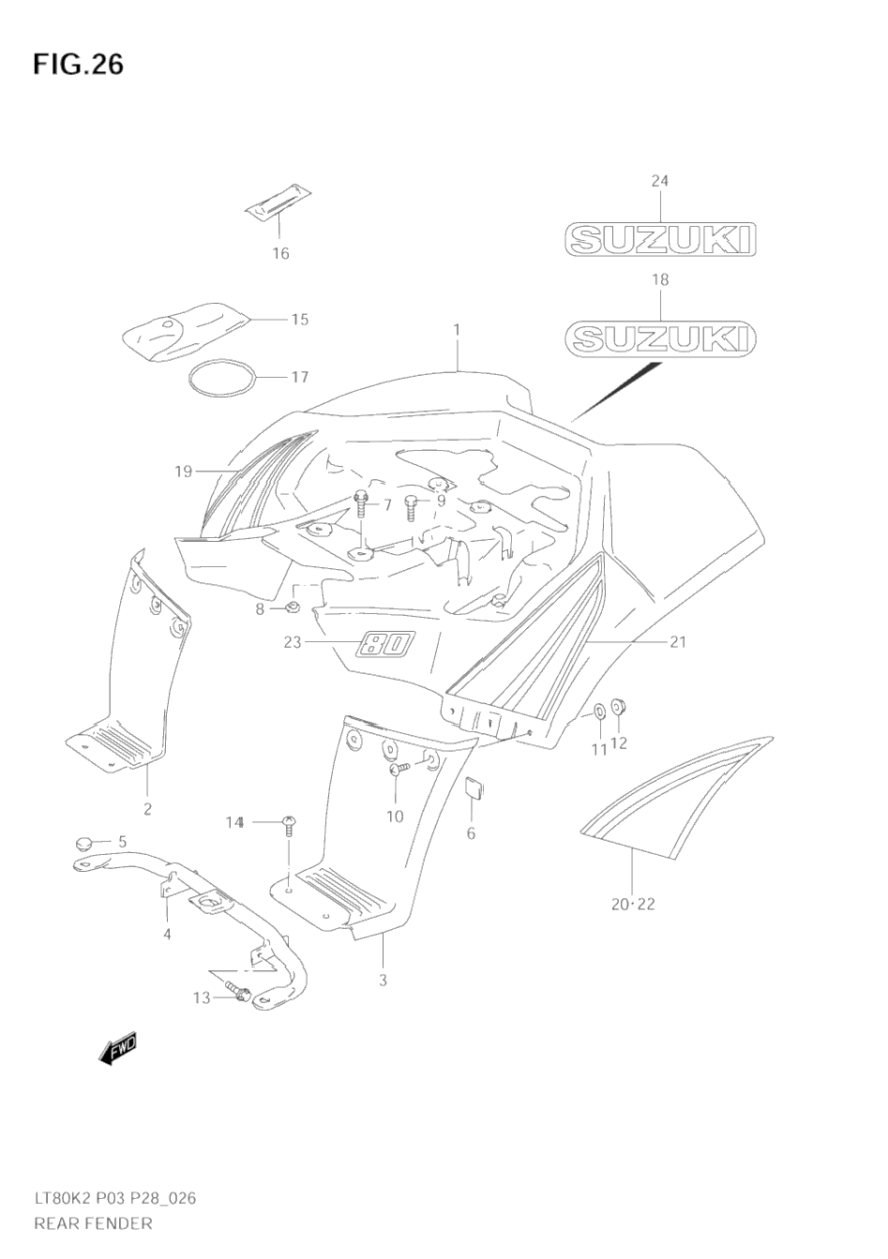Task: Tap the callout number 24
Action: [x=659, y=181]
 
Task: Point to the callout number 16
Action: [x=280, y=253]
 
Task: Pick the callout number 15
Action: [x=299, y=320]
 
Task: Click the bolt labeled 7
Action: [x=362, y=505]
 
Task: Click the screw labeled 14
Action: [x=289, y=826]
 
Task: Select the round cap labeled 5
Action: [x=85, y=841]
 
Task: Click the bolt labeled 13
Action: [x=236, y=992]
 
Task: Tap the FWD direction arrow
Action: [x=117, y=1050]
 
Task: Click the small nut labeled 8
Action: [x=292, y=609]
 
